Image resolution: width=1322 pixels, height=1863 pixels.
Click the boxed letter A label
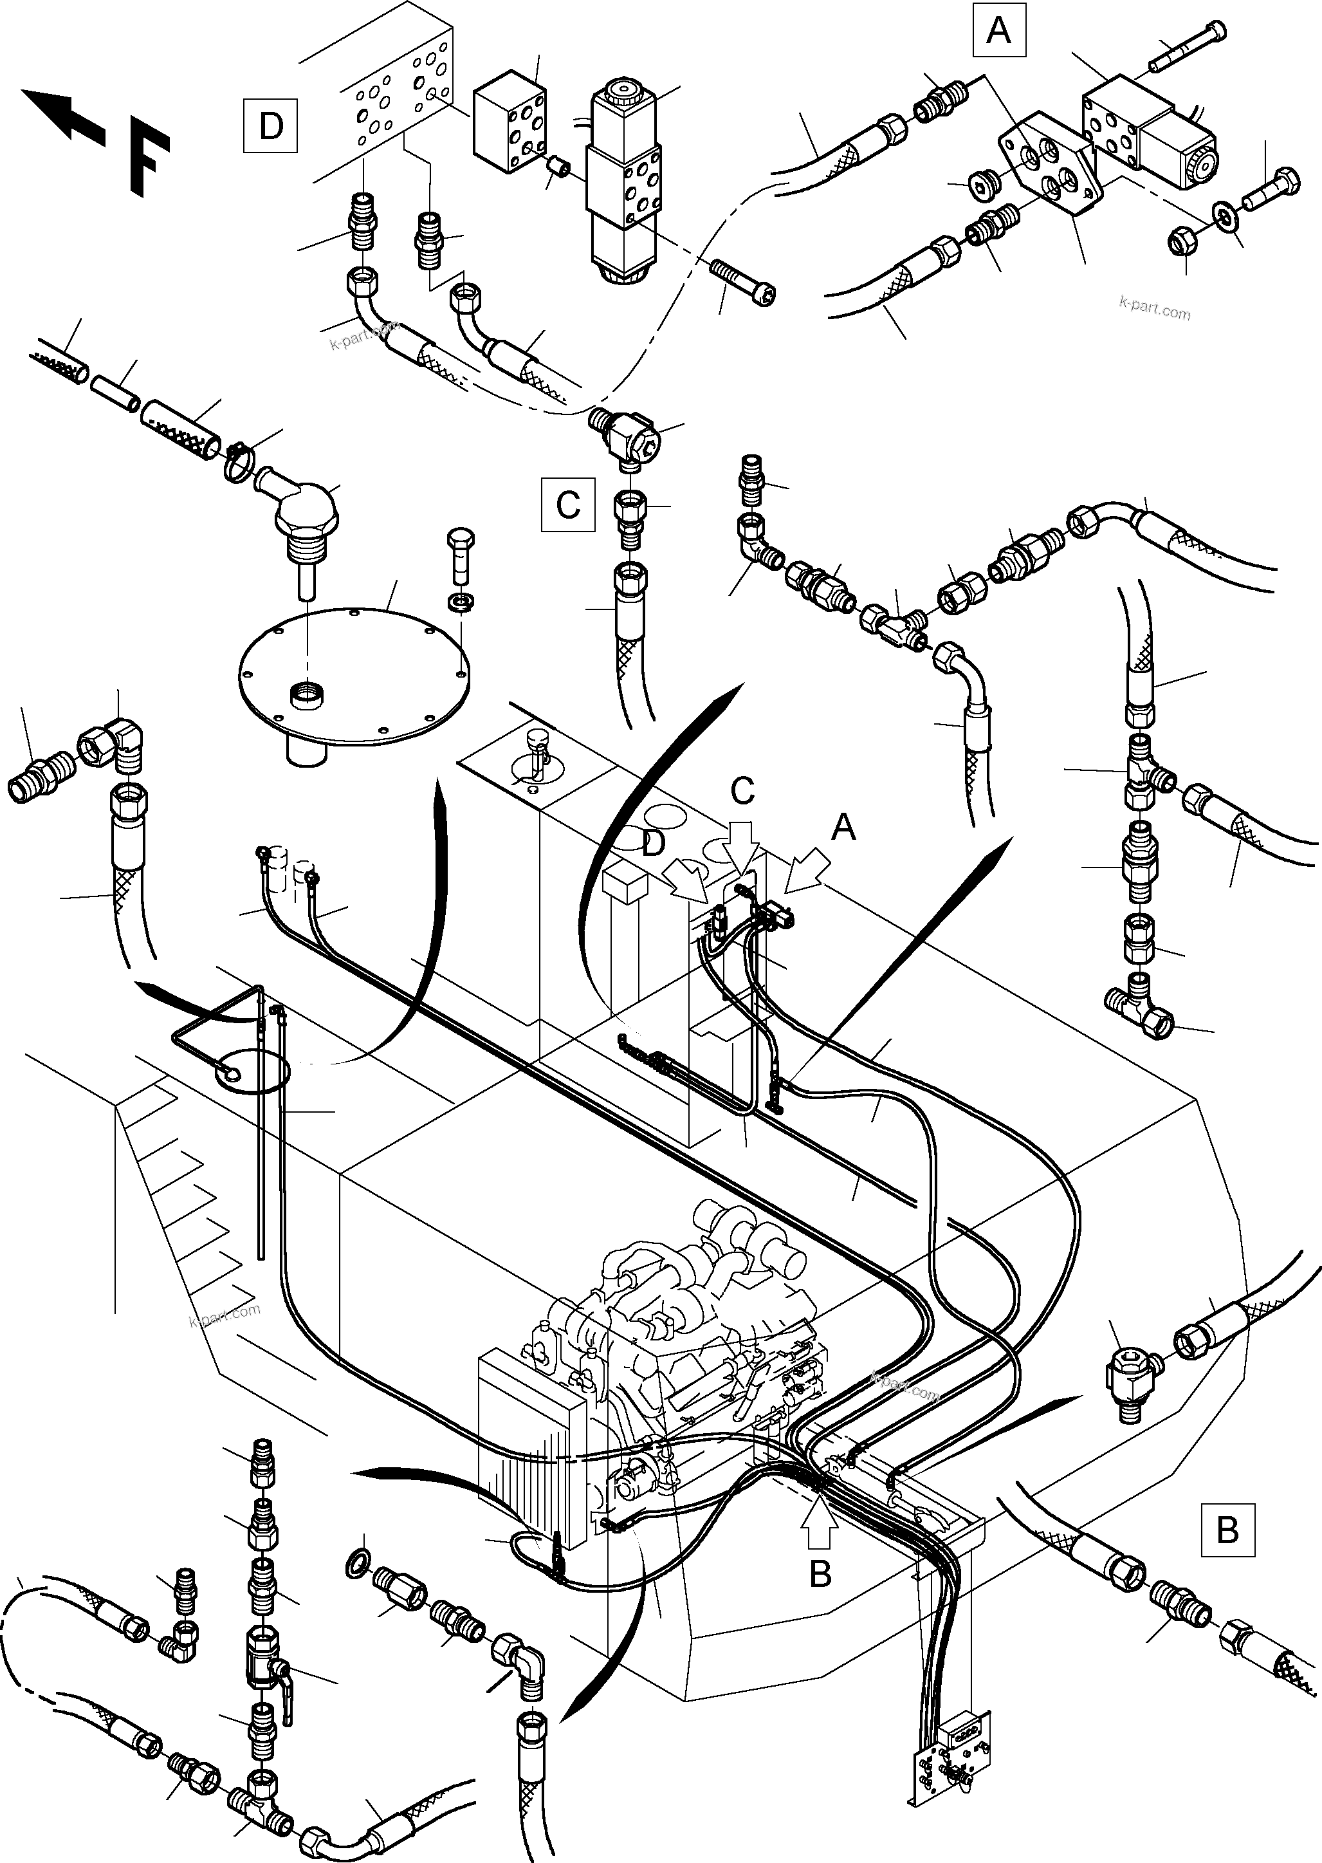click(x=999, y=31)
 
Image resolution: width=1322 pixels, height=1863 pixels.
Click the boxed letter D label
click(x=270, y=126)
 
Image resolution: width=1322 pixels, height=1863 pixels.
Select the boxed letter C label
click(x=567, y=506)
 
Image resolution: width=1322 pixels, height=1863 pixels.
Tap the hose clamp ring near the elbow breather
click(x=242, y=461)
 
